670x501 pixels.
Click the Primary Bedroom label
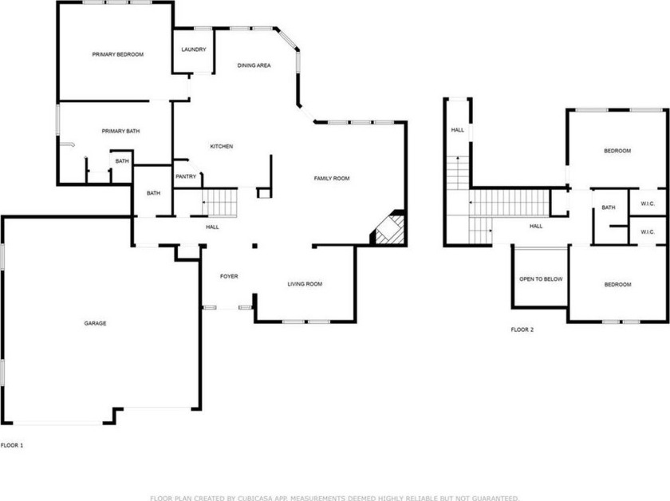(118, 54)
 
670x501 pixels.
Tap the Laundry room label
(194, 49)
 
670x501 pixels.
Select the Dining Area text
(254, 65)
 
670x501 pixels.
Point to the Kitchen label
(222, 146)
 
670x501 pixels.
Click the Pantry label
(186, 176)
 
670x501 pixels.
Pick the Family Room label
(332, 178)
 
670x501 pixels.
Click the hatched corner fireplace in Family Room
(388, 229)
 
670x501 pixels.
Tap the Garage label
(95, 323)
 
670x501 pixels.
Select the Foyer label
(229, 276)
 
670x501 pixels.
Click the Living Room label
(305, 284)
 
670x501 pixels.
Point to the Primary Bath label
(120, 132)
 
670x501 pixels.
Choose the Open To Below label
(541, 279)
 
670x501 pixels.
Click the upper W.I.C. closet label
(648, 204)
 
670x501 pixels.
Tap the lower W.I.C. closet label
(648, 232)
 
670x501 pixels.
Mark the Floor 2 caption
(522, 329)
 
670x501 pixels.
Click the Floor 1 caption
(12, 445)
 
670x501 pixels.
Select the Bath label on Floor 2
(609, 207)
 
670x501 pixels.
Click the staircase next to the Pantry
(219, 203)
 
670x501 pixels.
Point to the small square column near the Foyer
(254, 246)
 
